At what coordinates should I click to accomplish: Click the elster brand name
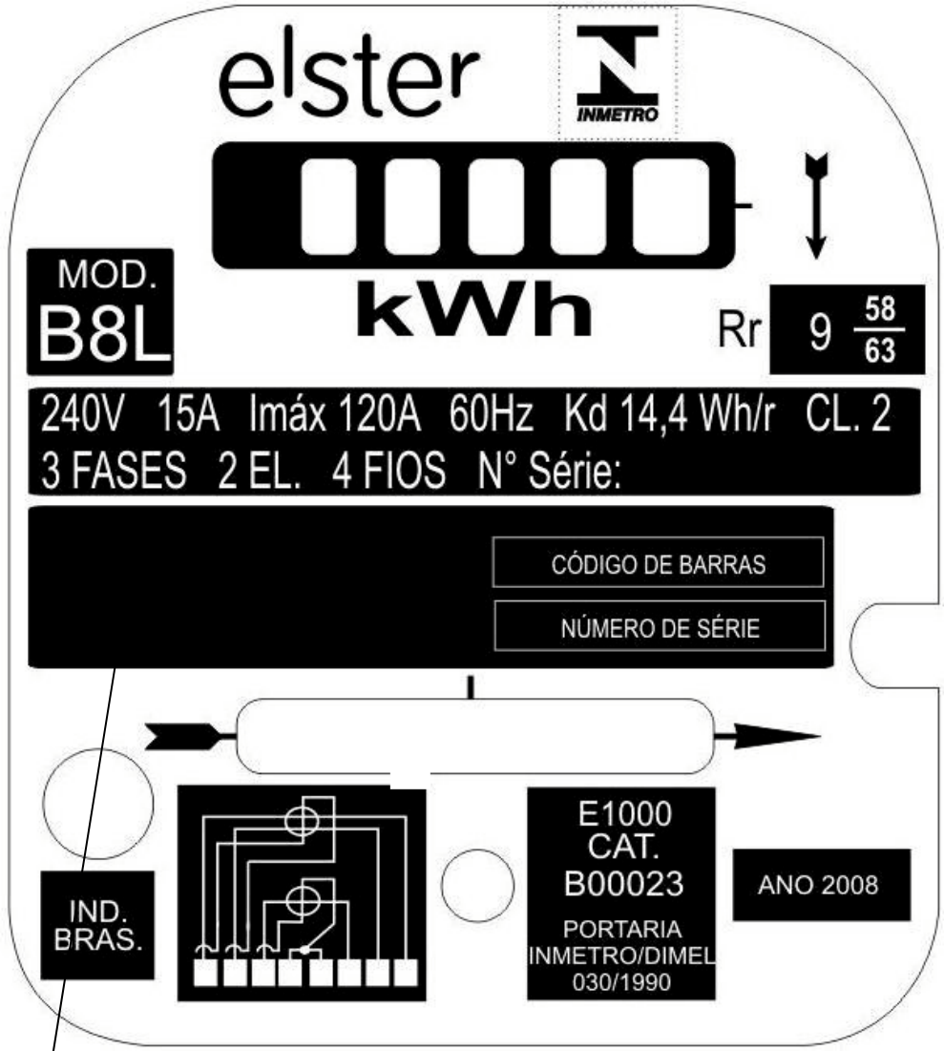pyautogui.click(x=348, y=73)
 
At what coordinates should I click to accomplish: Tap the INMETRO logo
pyautogui.click(x=618, y=74)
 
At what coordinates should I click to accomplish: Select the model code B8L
pyautogui.click(x=104, y=334)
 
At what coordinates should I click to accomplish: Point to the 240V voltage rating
pyautogui.click(x=82, y=414)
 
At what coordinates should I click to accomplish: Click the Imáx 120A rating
pyautogui.click(x=335, y=414)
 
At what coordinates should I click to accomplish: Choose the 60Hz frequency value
pyautogui.click(x=491, y=414)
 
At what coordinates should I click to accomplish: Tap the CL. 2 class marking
pyautogui.click(x=849, y=414)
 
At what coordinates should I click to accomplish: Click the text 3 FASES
pyautogui.click(x=114, y=470)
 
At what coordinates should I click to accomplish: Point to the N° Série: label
pyautogui.click(x=549, y=470)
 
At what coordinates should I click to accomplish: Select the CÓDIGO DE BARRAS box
pyautogui.click(x=658, y=561)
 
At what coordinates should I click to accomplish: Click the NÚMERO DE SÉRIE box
pyautogui.click(x=660, y=625)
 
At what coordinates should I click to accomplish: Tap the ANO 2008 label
pyautogui.click(x=818, y=885)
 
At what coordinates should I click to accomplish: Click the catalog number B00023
pyautogui.click(x=623, y=883)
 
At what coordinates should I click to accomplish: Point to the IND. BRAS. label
pyautogui.click(x=98, y=926)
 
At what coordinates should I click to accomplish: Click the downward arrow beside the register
pyautogui.click(x=816, y=206)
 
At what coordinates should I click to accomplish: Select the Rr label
pyautogui.click(x=740, y=329)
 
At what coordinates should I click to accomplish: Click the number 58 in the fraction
pyautogui.click(x=880, y=309)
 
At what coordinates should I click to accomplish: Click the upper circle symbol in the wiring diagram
pyautogui.click(x=302, y=821)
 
